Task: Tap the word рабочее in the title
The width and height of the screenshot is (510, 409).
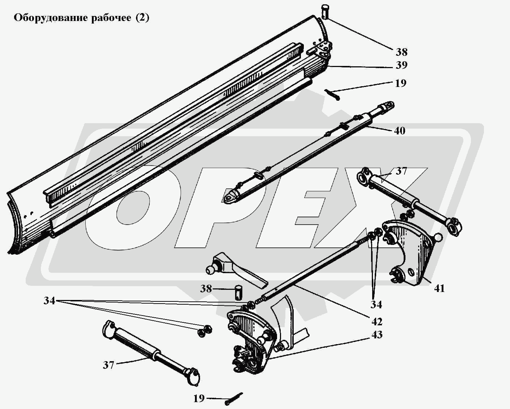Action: click(x=111, y=18)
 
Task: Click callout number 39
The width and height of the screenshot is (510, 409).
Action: click(x=401, y=65)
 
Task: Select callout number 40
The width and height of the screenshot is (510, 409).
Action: click(x=400, y=131)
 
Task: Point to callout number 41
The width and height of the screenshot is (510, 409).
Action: click(x=439, y=288)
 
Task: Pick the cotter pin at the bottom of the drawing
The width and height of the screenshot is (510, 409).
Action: click(x=234, y=399)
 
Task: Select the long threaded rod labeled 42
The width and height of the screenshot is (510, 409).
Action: click(x=315, y=270)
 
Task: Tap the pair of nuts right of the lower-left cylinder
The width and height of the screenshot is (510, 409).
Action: click(x=204, y=331)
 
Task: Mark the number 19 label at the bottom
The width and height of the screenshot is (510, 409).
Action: click(x=199, y=398)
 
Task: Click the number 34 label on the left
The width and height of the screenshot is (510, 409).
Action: click(x=49, y=301)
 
